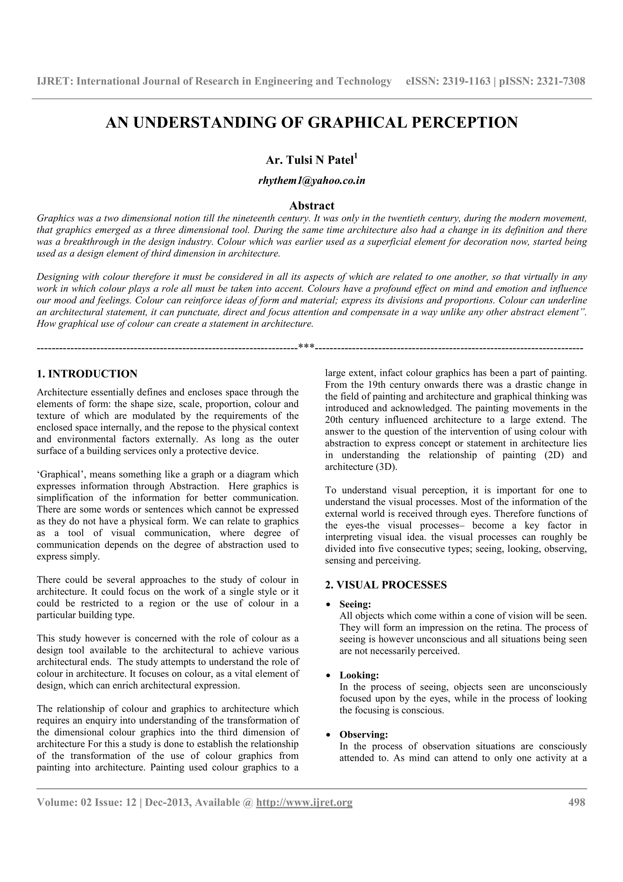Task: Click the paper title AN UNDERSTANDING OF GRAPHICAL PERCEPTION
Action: click(311, 123)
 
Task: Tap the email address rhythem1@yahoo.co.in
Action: click(311, 180)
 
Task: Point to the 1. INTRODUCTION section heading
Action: click(87, 374)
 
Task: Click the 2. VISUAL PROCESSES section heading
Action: click(386, 585)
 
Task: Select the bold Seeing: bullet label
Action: click(355, 604)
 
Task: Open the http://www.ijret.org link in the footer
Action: click(304, 803)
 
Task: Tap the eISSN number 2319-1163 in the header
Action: click(466, 82)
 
